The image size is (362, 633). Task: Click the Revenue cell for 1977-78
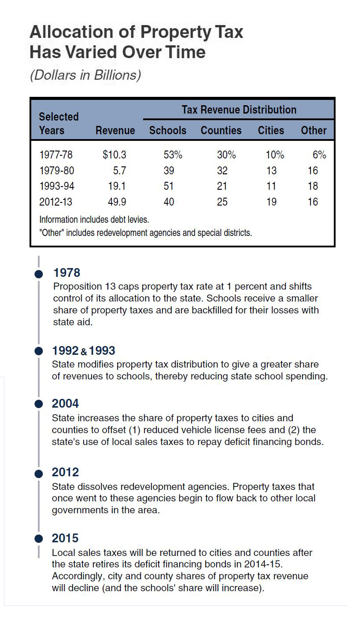coord(114,155)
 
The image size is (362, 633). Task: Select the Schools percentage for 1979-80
coord(169,171)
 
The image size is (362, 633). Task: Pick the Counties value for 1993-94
coord(222,186)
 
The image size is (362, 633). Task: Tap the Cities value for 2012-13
coord(272,202)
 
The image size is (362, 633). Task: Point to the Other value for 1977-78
coord(319,155)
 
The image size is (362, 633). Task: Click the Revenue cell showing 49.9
coord(117,202)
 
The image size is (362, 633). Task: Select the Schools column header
coord(168,131)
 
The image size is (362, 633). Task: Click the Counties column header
coord(221,131)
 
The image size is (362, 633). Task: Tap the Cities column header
coord(271,131)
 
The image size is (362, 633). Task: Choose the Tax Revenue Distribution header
coord(239,110)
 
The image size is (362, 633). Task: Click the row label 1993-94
coord(56,186)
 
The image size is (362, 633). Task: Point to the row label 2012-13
coord(56,202)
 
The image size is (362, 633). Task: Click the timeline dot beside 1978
coord(39,274)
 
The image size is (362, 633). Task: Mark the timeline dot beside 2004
coord(39,404)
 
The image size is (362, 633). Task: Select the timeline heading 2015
coord(65,538)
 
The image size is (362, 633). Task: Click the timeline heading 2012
coord(65,472)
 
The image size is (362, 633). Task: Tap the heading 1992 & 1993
coord(83,351)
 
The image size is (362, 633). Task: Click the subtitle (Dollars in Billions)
coord(85,75)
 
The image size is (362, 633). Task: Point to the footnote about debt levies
coord(94,219)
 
